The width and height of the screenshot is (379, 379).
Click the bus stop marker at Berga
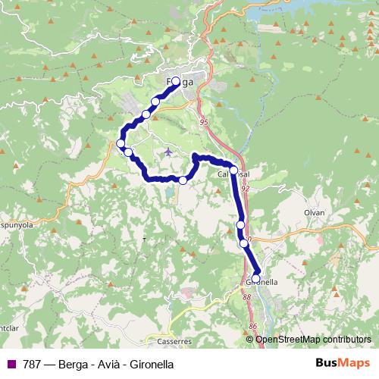176,81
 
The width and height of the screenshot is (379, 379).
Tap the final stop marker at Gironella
255,278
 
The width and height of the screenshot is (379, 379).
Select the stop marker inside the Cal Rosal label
234,171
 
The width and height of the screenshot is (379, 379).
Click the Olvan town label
315,213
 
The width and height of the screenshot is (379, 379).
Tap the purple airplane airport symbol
168,152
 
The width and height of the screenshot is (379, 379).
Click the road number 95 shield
204,121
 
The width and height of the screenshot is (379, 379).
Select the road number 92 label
245,187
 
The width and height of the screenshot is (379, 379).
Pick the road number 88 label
247,297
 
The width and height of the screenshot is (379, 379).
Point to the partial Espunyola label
14,226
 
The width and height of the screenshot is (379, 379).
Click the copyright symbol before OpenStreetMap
250,339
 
